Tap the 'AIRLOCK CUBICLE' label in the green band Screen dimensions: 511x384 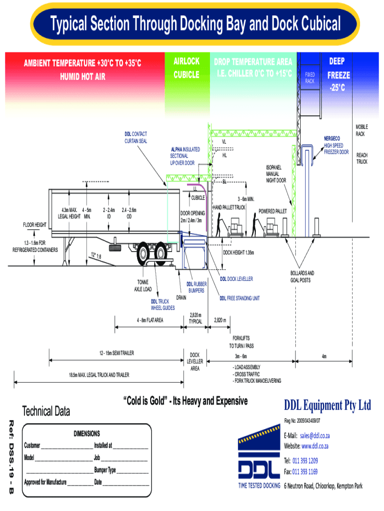tap(186, 68)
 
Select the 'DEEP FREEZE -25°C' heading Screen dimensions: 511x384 tap(338, 75)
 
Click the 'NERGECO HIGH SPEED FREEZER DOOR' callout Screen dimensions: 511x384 tap(336, 145)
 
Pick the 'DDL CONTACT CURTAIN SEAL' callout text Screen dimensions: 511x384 tap(136, 137)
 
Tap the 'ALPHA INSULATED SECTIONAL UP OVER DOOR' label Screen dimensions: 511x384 tap(185, 156)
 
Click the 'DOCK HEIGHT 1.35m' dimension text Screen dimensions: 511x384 tap(238, 253)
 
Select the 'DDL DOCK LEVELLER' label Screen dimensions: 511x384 tap(236, 278)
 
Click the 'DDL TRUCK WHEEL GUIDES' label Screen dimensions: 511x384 tap(163, 305)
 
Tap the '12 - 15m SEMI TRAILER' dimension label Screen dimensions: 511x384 tap(117, 353)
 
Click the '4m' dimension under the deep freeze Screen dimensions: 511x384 tap(324, 356)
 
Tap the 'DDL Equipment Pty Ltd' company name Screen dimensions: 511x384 tap(328, 406)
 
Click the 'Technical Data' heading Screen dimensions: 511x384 tap(47, 412)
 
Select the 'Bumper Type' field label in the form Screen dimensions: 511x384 tap(105, 470)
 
